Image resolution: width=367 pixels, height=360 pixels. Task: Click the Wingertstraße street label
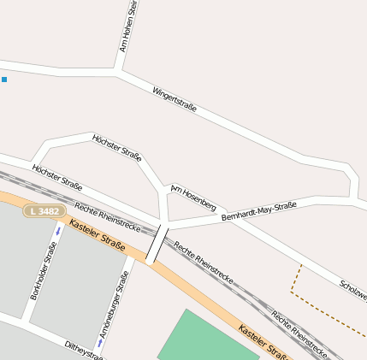175,99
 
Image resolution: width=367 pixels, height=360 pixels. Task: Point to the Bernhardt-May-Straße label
258,211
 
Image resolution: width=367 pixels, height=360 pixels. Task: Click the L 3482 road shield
44,211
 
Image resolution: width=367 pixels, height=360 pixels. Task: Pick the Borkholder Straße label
43,269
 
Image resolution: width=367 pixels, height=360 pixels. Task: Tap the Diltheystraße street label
84,350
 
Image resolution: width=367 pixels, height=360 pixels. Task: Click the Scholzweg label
352,291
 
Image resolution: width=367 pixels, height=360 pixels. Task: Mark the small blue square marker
4,80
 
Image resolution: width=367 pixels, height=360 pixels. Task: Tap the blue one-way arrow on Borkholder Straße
58,230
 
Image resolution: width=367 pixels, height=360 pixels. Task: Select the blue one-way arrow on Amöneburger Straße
100,342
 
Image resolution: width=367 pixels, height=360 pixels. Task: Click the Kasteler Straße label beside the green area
263,342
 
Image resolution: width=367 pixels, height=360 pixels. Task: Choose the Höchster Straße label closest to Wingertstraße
116,146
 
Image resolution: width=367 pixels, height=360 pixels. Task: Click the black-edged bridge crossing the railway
157,245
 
